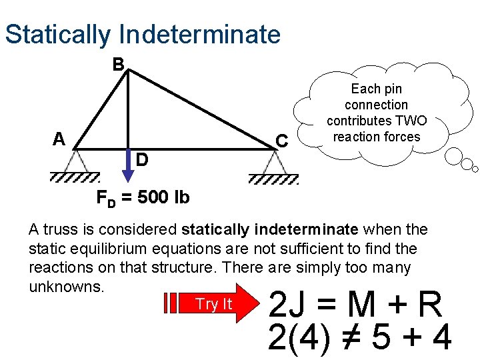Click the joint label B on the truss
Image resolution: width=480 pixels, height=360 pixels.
coord(118,65)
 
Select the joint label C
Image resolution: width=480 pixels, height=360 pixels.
coord(282,141)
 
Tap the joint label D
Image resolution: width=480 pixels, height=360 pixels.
coord(142,160)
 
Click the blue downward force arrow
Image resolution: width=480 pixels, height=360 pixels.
coord(128,174)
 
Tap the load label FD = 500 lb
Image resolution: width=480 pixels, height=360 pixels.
coord(143,197)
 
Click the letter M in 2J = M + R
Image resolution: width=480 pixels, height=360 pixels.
coord(364,305)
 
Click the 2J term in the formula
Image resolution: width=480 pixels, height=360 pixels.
coord(287,305)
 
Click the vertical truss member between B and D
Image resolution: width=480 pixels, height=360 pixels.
coord(128,110)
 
